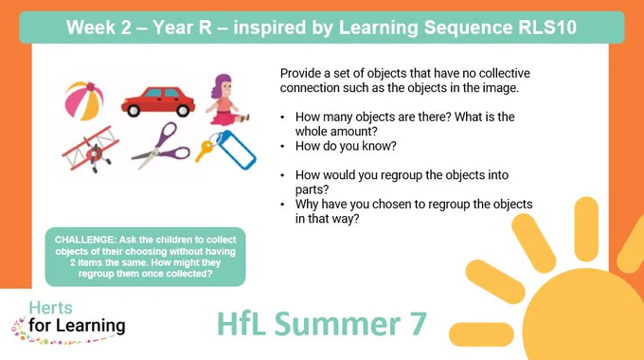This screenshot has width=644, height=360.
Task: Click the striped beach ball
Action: click(x=84, y=100)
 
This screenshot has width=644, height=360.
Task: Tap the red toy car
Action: click(x=158, y=101)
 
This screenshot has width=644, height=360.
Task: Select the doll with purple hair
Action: click(x=225, y=99)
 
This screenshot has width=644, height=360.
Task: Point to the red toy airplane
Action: click(x=91, y=149)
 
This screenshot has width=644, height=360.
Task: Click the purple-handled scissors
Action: click(x=161, y=145)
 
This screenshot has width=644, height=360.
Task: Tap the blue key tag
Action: click(x=236, y=150)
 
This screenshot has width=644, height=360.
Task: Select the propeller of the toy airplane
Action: click(x=96, y=155)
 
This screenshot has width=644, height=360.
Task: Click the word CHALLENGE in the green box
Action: click(x=85, y=240)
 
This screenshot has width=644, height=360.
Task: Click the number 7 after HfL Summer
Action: click(x=418, y=324)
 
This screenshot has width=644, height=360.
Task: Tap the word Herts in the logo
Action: click(x=50, y=308)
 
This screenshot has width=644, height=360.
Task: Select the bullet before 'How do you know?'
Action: click(x=282, y=146)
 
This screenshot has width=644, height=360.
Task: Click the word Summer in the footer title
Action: click(x=337, y=324)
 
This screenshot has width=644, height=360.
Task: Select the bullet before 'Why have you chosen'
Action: click(x=282, y=205)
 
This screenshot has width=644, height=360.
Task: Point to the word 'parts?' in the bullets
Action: click(x=313, y=189)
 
